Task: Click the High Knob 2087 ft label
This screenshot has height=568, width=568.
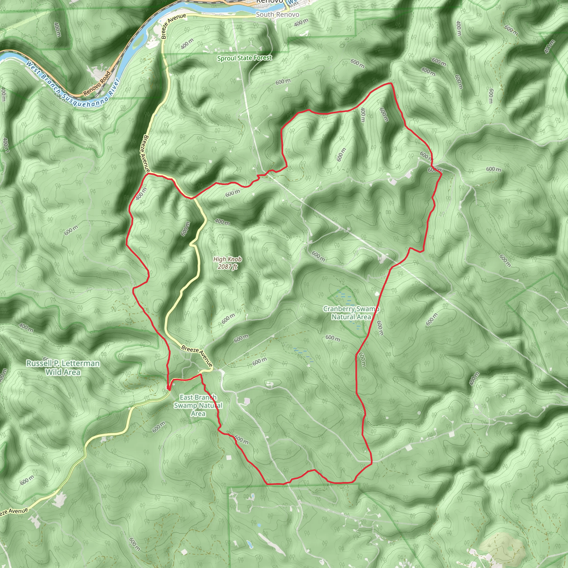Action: pyautogui.click(x=227, y=263)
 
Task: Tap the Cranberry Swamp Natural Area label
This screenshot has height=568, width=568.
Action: pyautogui.click(x=351, y=313)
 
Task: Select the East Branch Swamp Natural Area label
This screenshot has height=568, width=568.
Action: pyautogui.click(x=198, y=405)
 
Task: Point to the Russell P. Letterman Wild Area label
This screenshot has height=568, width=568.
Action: pyautogui.click(x=63, y=367)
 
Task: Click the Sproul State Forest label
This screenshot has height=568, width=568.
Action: pyautogui.click(x=244, y=58)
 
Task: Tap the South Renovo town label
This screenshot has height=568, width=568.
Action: pyautogui.click(x=277, y=14)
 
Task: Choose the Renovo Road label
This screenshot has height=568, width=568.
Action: pyautogui.click(x=97, y=84)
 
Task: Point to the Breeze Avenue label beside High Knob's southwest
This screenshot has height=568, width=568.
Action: pyautogui.click(x=197, y=356)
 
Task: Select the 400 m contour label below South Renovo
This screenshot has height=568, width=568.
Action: pyautogui.click(x=301, y=22)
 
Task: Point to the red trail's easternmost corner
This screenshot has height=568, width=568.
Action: pyautogui.click(x=442, y=174)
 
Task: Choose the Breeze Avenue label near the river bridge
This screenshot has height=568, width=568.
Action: pyautogui.click(x=174, y=26)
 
